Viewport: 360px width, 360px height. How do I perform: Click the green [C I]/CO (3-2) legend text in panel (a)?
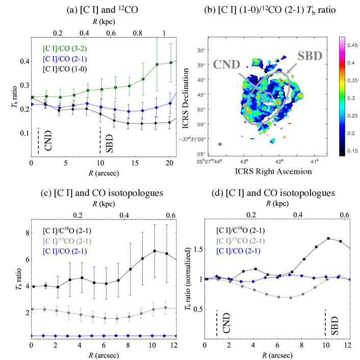point(70,49)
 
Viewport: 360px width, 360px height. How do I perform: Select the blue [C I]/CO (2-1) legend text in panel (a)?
point(70,59)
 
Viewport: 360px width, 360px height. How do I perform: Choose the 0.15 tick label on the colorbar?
point(350,152)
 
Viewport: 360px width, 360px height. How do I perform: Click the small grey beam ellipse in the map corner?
point(220,144)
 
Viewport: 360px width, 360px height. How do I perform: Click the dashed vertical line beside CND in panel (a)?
point(38,140)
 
